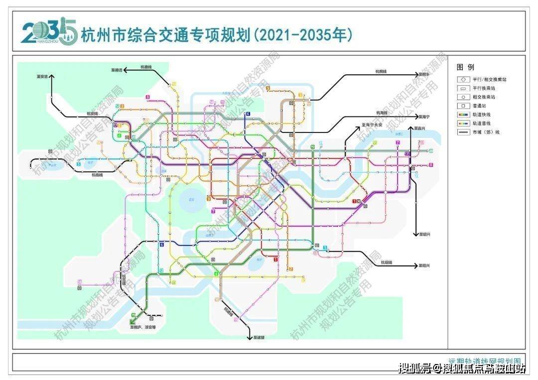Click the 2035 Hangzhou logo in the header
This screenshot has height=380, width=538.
click(x=49, y=32)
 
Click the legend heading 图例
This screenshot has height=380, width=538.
click(x=465, y=67)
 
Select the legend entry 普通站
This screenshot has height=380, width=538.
click(x=476, y=106)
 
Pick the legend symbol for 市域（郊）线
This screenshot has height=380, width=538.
click(x=463, y=132)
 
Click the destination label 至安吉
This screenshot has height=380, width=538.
click(x=43, y=77)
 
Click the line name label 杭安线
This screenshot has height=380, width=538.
click(x=93, y=115)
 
